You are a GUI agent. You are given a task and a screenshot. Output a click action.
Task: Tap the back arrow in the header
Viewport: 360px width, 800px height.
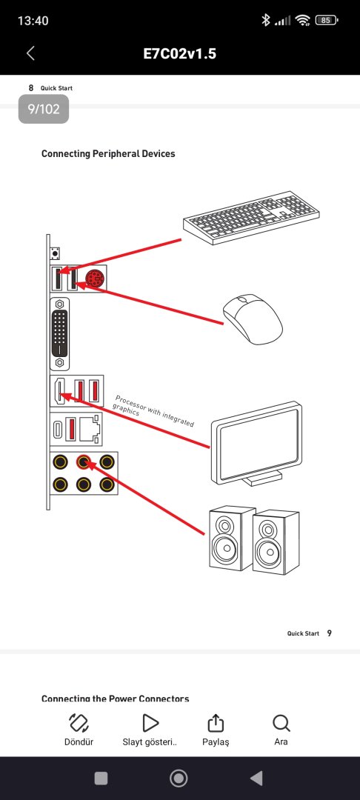(x=30, y=53)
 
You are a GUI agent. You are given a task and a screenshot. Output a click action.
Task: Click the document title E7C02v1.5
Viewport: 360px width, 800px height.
(x=179, y=53)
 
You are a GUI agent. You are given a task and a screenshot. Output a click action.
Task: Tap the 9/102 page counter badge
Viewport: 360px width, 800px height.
(x=44, y=109)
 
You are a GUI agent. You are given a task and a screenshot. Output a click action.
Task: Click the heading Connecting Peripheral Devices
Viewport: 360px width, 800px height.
(x=108, y=153)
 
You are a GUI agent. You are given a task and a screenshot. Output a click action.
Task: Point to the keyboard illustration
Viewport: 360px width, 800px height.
(x=251, y=217)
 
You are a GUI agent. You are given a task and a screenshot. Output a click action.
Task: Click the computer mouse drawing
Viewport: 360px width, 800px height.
(x=253, y=320)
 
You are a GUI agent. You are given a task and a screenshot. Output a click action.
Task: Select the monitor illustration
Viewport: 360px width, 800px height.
(x=257, y=444)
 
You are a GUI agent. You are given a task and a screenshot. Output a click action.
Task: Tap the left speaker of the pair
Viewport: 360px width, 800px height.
(x=232, y=538)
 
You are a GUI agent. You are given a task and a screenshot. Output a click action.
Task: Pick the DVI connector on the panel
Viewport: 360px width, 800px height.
(x=61, y=333)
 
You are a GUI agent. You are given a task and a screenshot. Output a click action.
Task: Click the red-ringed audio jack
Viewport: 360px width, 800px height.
(x=83, y=463)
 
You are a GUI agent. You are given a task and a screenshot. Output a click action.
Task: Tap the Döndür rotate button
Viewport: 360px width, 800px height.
(x=79, y=730)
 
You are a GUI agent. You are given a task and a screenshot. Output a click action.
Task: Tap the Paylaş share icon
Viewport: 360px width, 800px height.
(x=216, y=723)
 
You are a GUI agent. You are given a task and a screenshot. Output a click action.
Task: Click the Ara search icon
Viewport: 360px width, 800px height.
(x=281, y=723)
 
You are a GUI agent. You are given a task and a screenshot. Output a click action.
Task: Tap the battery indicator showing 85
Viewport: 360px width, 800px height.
(x=327, y=21)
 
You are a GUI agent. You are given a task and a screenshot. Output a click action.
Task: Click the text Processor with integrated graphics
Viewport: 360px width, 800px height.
(x=153, y=410)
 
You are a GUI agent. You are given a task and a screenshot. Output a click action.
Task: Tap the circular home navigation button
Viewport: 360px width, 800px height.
(x=179, y=778)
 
